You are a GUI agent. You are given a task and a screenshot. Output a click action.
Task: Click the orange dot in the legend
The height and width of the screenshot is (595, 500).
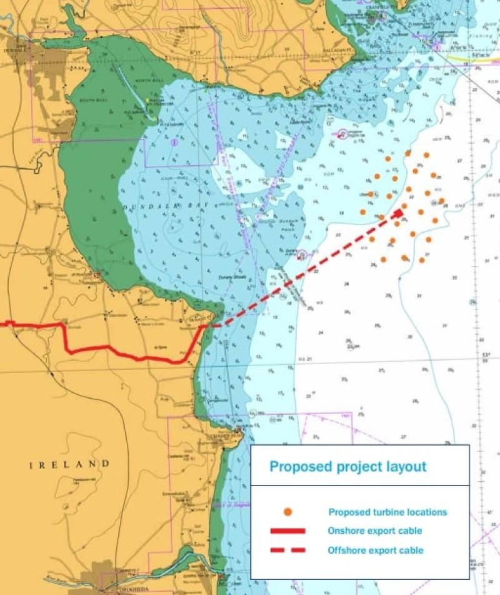pos(288,512)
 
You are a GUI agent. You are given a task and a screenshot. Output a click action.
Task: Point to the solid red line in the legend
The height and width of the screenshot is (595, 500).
pos(288,531)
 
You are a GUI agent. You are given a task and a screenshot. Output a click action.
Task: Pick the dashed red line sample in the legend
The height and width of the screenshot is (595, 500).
pos(288,551)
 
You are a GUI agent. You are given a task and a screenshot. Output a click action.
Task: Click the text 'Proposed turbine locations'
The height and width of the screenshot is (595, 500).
pos(387,512)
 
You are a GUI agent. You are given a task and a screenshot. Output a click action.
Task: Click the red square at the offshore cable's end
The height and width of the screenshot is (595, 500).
pos(398,213)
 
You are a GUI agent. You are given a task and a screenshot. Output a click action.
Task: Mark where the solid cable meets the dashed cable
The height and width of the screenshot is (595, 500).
pos(205,326)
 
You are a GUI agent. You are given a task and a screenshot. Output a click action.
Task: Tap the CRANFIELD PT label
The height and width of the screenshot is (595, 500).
pos(379,7)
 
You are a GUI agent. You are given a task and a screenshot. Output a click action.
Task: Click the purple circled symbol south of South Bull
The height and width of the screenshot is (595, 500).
pos(174,143)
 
